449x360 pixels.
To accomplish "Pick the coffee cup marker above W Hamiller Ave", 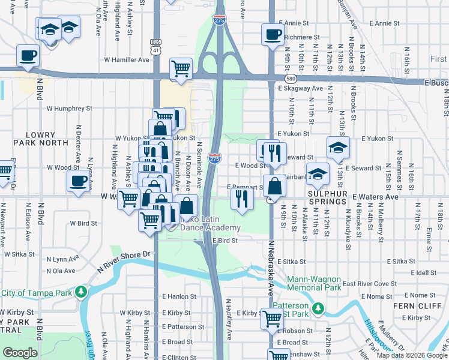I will pyautogui.click(x=28, y=56).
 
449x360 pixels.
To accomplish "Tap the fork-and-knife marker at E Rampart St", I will pyautogui.click(x=241, y=199).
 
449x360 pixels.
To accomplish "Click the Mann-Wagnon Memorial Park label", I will pyautogui.click(x=313, y=283).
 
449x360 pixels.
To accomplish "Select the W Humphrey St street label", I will pyautogui.click(x=70, y=109).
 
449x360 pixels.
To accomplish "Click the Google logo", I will pyautogui.click(x=20, y=353).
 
